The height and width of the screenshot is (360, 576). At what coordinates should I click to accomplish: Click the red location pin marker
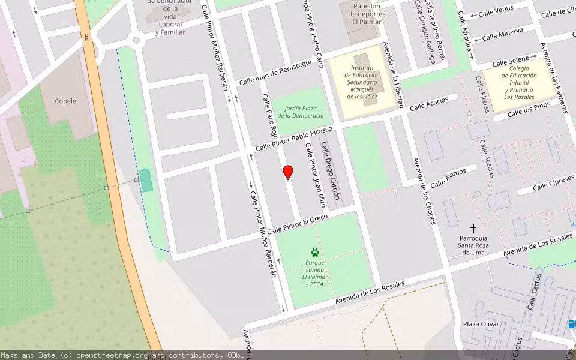pyautogui.click(x=288, y=172)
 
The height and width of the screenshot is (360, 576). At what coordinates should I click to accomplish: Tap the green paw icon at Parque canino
pyautogui.click(x=314, y=253)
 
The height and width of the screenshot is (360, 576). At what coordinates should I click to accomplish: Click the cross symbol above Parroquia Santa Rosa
pyautogui.click(x=473, y=229)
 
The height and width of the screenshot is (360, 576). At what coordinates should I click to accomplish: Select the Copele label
pyautogui.click(x=66, y=101)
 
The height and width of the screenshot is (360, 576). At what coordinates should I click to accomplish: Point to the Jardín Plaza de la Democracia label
pyautogui.click(x=300, y=111)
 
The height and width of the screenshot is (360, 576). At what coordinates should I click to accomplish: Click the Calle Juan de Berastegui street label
pyautogui.click(x=275, y=73)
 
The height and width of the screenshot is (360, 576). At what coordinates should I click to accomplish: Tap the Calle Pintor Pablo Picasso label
pyautogui.click(x=294, y=139)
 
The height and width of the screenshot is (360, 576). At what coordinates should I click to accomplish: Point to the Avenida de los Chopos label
pyautogui.click(x=422, y=191)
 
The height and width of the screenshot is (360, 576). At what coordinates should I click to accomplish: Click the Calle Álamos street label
pyautogui.click(x=448, y=176)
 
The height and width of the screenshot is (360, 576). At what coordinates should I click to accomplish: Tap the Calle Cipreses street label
pyautogui.click(x=554, y=182)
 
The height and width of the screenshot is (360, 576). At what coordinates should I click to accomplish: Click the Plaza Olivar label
pyautogui.click(x=481, y=324)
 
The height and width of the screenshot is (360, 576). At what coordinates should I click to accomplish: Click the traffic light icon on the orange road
pyautogui.click(x=88, y=38)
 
